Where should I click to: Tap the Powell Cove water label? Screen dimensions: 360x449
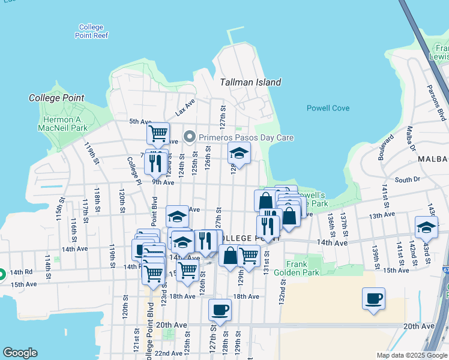click(x=328, y=109)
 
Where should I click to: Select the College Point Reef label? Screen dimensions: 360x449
click(x=91, y=31)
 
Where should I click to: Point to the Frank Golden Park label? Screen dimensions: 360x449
click(x=297, y=268)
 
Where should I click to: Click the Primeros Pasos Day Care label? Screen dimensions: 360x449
click(x=247, y=137)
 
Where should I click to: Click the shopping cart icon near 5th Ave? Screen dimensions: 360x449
click(x=158, y=132)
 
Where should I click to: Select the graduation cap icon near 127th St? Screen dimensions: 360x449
click(x=239, y=154)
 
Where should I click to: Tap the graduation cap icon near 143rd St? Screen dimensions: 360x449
click(x=426, y=227)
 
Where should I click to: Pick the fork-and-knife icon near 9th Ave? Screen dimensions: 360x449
click(x=156, y=162)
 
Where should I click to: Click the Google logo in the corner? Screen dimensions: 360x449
click(x=20, y=353)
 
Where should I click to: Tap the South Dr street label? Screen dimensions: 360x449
click(x=407, y=179)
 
